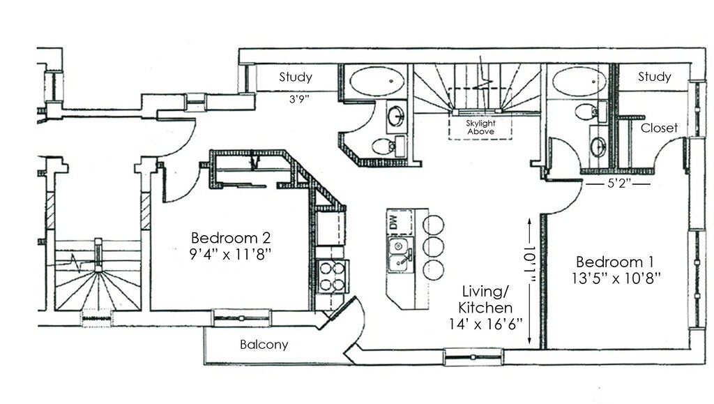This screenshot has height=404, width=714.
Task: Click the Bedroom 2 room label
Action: point(231,237)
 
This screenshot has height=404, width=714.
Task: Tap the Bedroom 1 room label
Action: point(614,262)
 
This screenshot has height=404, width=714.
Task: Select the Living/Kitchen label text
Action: point(487,299)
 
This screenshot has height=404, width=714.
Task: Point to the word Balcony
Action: point(264,345)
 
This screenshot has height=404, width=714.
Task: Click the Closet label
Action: point(659,128)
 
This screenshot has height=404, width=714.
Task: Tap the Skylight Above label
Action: point(480,128)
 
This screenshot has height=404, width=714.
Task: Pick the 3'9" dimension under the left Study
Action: point(298,98)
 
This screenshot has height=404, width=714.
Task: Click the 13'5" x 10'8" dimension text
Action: point(614,278)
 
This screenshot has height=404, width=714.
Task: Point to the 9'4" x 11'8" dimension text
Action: point(231,254)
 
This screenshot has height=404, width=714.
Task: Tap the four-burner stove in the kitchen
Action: point(331,275)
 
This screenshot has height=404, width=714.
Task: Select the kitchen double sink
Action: point(400,255)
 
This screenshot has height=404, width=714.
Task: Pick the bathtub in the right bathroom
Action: point(579,81)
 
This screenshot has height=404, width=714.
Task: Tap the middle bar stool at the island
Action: point(433,246)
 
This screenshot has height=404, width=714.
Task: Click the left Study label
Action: point(296,77)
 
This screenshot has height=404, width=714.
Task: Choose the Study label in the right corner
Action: point(654,77)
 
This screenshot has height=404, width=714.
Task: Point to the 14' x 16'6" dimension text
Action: point(487,324)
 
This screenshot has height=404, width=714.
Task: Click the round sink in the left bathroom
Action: point(395,116)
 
